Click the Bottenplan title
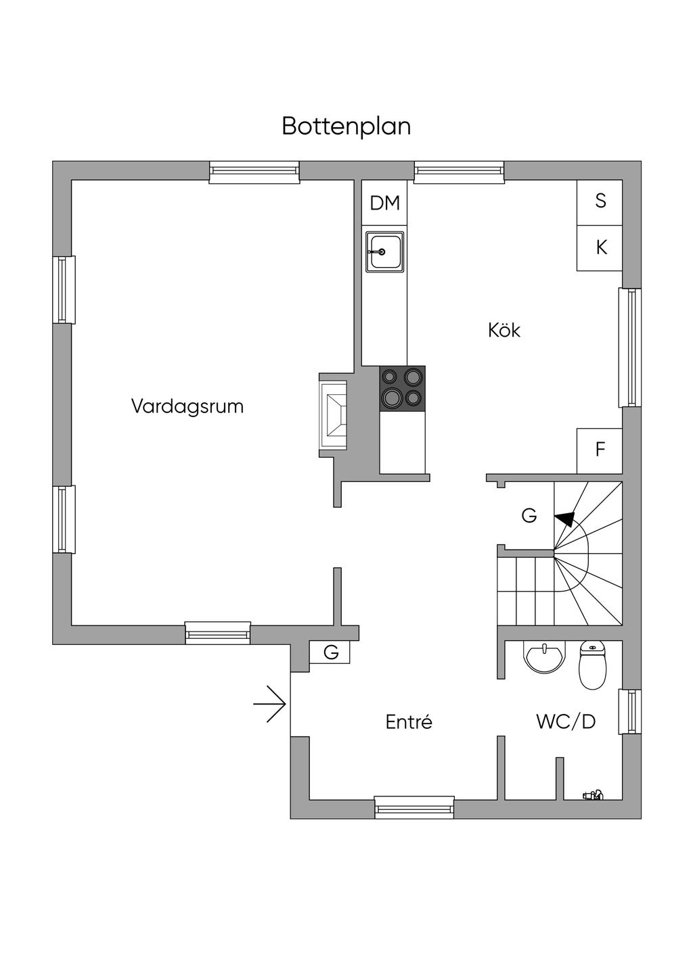(346, 127)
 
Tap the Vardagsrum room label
(187, 406)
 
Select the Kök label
(504, 330)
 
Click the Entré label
(409, 721)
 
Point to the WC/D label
(566, 721)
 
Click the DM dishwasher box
(384, 203)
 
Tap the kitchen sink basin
(384, 252)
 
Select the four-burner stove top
(403, 389)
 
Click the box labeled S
(600, 203)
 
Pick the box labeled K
(600, 248)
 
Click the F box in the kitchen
(600, 450)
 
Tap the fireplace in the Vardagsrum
(334, 415)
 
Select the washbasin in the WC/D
(544, 658)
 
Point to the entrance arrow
(269, 704)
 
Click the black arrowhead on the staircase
(564, 519)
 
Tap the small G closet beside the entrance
(330, 652)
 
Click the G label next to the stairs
(529, 516)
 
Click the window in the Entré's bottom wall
(414, 807)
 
